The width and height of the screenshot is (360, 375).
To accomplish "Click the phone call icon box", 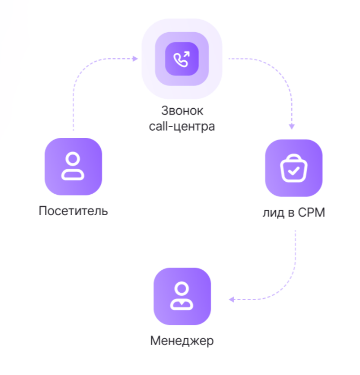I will click(x=181, y=59).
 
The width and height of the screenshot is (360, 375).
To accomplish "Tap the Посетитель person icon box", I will click(x=73, y=166).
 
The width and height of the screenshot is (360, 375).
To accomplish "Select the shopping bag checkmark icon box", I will click(x=294, y=168).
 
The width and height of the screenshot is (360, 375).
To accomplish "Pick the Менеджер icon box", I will click(x=181, y=296).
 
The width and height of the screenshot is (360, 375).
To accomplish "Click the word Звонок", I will click(x=182, y=110).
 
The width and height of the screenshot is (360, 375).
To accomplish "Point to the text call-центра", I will click(x=182, y=126).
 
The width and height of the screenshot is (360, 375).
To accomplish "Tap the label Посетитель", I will click(x=73, y=210).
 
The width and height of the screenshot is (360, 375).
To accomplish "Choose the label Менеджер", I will click(x=182, y=341).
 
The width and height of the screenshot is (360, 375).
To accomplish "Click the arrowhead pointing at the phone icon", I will click(x=135, y=59).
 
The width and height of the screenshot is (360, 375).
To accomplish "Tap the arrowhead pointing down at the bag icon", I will click(x=291, y=127).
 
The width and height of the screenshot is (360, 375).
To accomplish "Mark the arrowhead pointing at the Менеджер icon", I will click(x=231, y=299).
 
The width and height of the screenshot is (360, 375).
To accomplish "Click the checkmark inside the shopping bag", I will click(x=294, y=170).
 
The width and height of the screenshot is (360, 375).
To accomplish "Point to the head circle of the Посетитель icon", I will click(x=73, y=158).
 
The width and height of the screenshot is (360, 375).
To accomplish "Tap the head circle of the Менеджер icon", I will click(x=181, y=288).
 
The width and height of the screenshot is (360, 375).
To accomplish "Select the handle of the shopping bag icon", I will click(x=294, y=158).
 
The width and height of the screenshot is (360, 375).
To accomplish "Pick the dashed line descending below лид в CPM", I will click(x=295, y=255).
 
